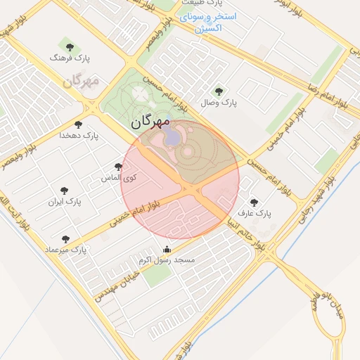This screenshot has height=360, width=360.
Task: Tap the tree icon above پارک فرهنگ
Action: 68,48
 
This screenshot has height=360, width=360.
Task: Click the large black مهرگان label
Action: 150,122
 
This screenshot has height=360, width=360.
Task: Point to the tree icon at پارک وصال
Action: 219,91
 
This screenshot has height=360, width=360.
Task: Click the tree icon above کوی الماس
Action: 118,167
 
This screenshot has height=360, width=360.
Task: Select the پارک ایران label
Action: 65,202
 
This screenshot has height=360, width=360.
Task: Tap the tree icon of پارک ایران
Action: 65,191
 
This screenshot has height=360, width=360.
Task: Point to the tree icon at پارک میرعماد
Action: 65,239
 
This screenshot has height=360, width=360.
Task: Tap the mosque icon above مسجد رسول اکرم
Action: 167,249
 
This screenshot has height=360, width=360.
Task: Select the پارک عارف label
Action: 253,212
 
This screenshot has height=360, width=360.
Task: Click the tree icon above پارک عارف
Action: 254,202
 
